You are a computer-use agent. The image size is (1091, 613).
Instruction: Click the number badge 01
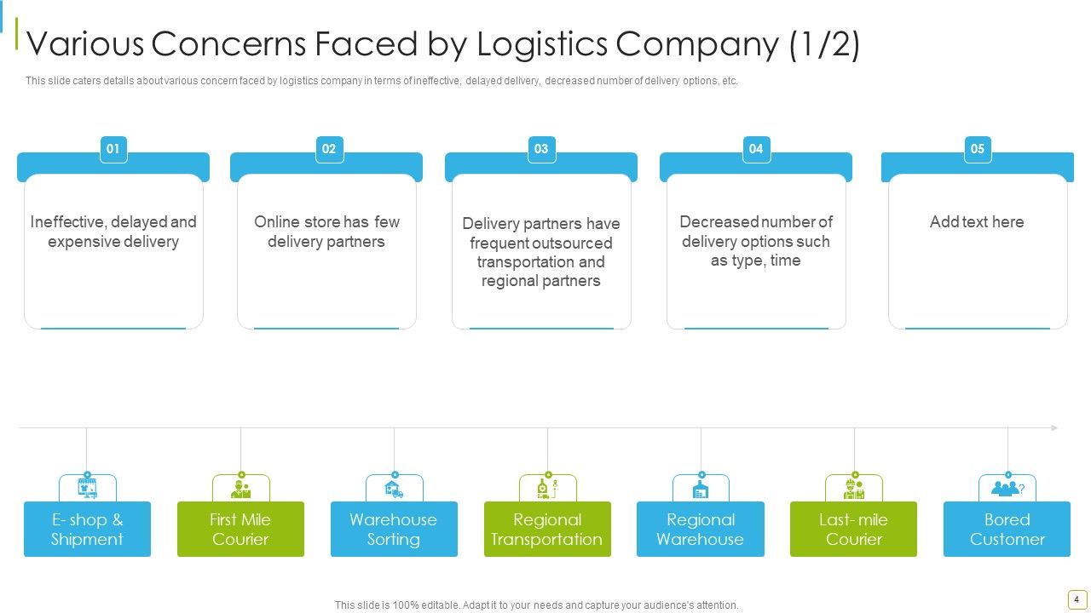113,149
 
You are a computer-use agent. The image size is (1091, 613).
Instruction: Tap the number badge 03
541,149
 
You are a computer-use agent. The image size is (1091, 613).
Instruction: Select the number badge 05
978,149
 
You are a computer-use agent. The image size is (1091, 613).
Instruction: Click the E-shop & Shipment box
87,529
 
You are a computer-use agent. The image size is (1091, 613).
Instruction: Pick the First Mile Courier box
240,529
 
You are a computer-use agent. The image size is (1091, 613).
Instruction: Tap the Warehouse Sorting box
394,529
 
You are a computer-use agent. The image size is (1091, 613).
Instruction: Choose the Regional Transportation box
547,529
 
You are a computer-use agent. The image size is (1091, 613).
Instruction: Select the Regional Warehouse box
701,529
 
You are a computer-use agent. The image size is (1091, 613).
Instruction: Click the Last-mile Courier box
853,529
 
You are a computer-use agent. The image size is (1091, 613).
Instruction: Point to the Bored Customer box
1007,529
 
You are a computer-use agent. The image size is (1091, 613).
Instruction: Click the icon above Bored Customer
1007,489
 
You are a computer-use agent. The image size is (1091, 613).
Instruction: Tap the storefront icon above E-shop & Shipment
88,489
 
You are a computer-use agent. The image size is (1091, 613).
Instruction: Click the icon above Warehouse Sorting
394,489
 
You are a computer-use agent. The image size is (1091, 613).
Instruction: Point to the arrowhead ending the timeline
1054,427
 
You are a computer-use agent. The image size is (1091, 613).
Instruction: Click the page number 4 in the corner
1077,599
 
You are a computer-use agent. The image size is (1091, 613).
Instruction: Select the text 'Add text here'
977,222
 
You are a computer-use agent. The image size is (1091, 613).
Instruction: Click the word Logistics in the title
542,43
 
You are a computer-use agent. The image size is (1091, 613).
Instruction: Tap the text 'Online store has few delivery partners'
326,232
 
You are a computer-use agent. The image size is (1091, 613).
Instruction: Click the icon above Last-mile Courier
854,489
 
